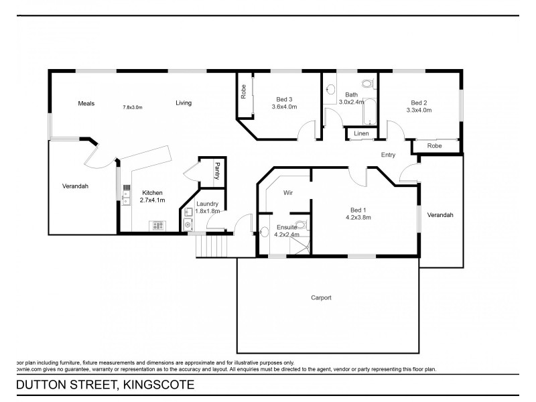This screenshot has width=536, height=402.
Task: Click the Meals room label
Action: click(86, 104)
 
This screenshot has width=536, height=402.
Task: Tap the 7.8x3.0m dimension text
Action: click(132, 107)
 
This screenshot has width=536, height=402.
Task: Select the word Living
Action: click(184, 103)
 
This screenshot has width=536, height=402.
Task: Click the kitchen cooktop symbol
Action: click(158, 226)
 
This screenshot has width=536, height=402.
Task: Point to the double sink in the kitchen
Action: click(125, 190)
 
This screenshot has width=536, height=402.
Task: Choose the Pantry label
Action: click(216, 170)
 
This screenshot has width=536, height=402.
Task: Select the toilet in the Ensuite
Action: click(301, 226)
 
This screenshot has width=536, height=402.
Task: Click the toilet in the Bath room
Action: click(366, 84)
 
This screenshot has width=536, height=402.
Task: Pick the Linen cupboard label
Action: click(361, 134)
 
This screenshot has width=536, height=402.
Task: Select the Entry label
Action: click(388, 155)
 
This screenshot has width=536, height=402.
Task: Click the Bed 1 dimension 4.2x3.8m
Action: click(358, 217)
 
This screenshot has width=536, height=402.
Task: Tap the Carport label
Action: click(322, 297)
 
